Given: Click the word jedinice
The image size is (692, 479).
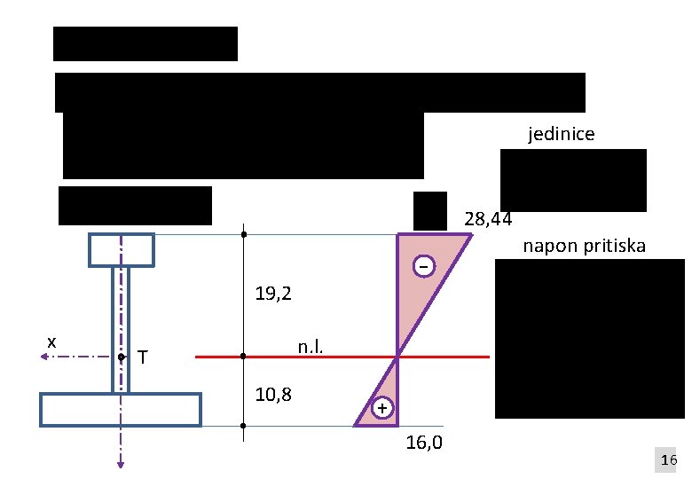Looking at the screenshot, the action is [561, 135].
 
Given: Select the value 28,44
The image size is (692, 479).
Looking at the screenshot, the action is [488, 218].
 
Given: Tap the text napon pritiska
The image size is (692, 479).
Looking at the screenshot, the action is [584, 246].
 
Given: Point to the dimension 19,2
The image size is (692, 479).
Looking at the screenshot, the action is [273, 294].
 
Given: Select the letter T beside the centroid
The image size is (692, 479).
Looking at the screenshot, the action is [143, 357].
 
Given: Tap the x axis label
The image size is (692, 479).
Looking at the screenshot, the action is [51, 342].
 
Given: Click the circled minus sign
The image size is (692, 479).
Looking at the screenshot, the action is [425, 266].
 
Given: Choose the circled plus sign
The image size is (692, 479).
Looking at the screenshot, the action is [381, 408].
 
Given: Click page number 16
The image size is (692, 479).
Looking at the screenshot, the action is [668, 460].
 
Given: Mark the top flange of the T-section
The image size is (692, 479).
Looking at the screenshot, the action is [122, 249].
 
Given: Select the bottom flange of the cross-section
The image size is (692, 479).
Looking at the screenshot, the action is [121, 410].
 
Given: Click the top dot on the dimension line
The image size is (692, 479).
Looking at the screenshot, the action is [243, 235].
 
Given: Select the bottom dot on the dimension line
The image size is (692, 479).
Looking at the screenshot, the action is [243, 427].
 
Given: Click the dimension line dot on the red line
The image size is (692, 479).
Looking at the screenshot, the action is [243, 357].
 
